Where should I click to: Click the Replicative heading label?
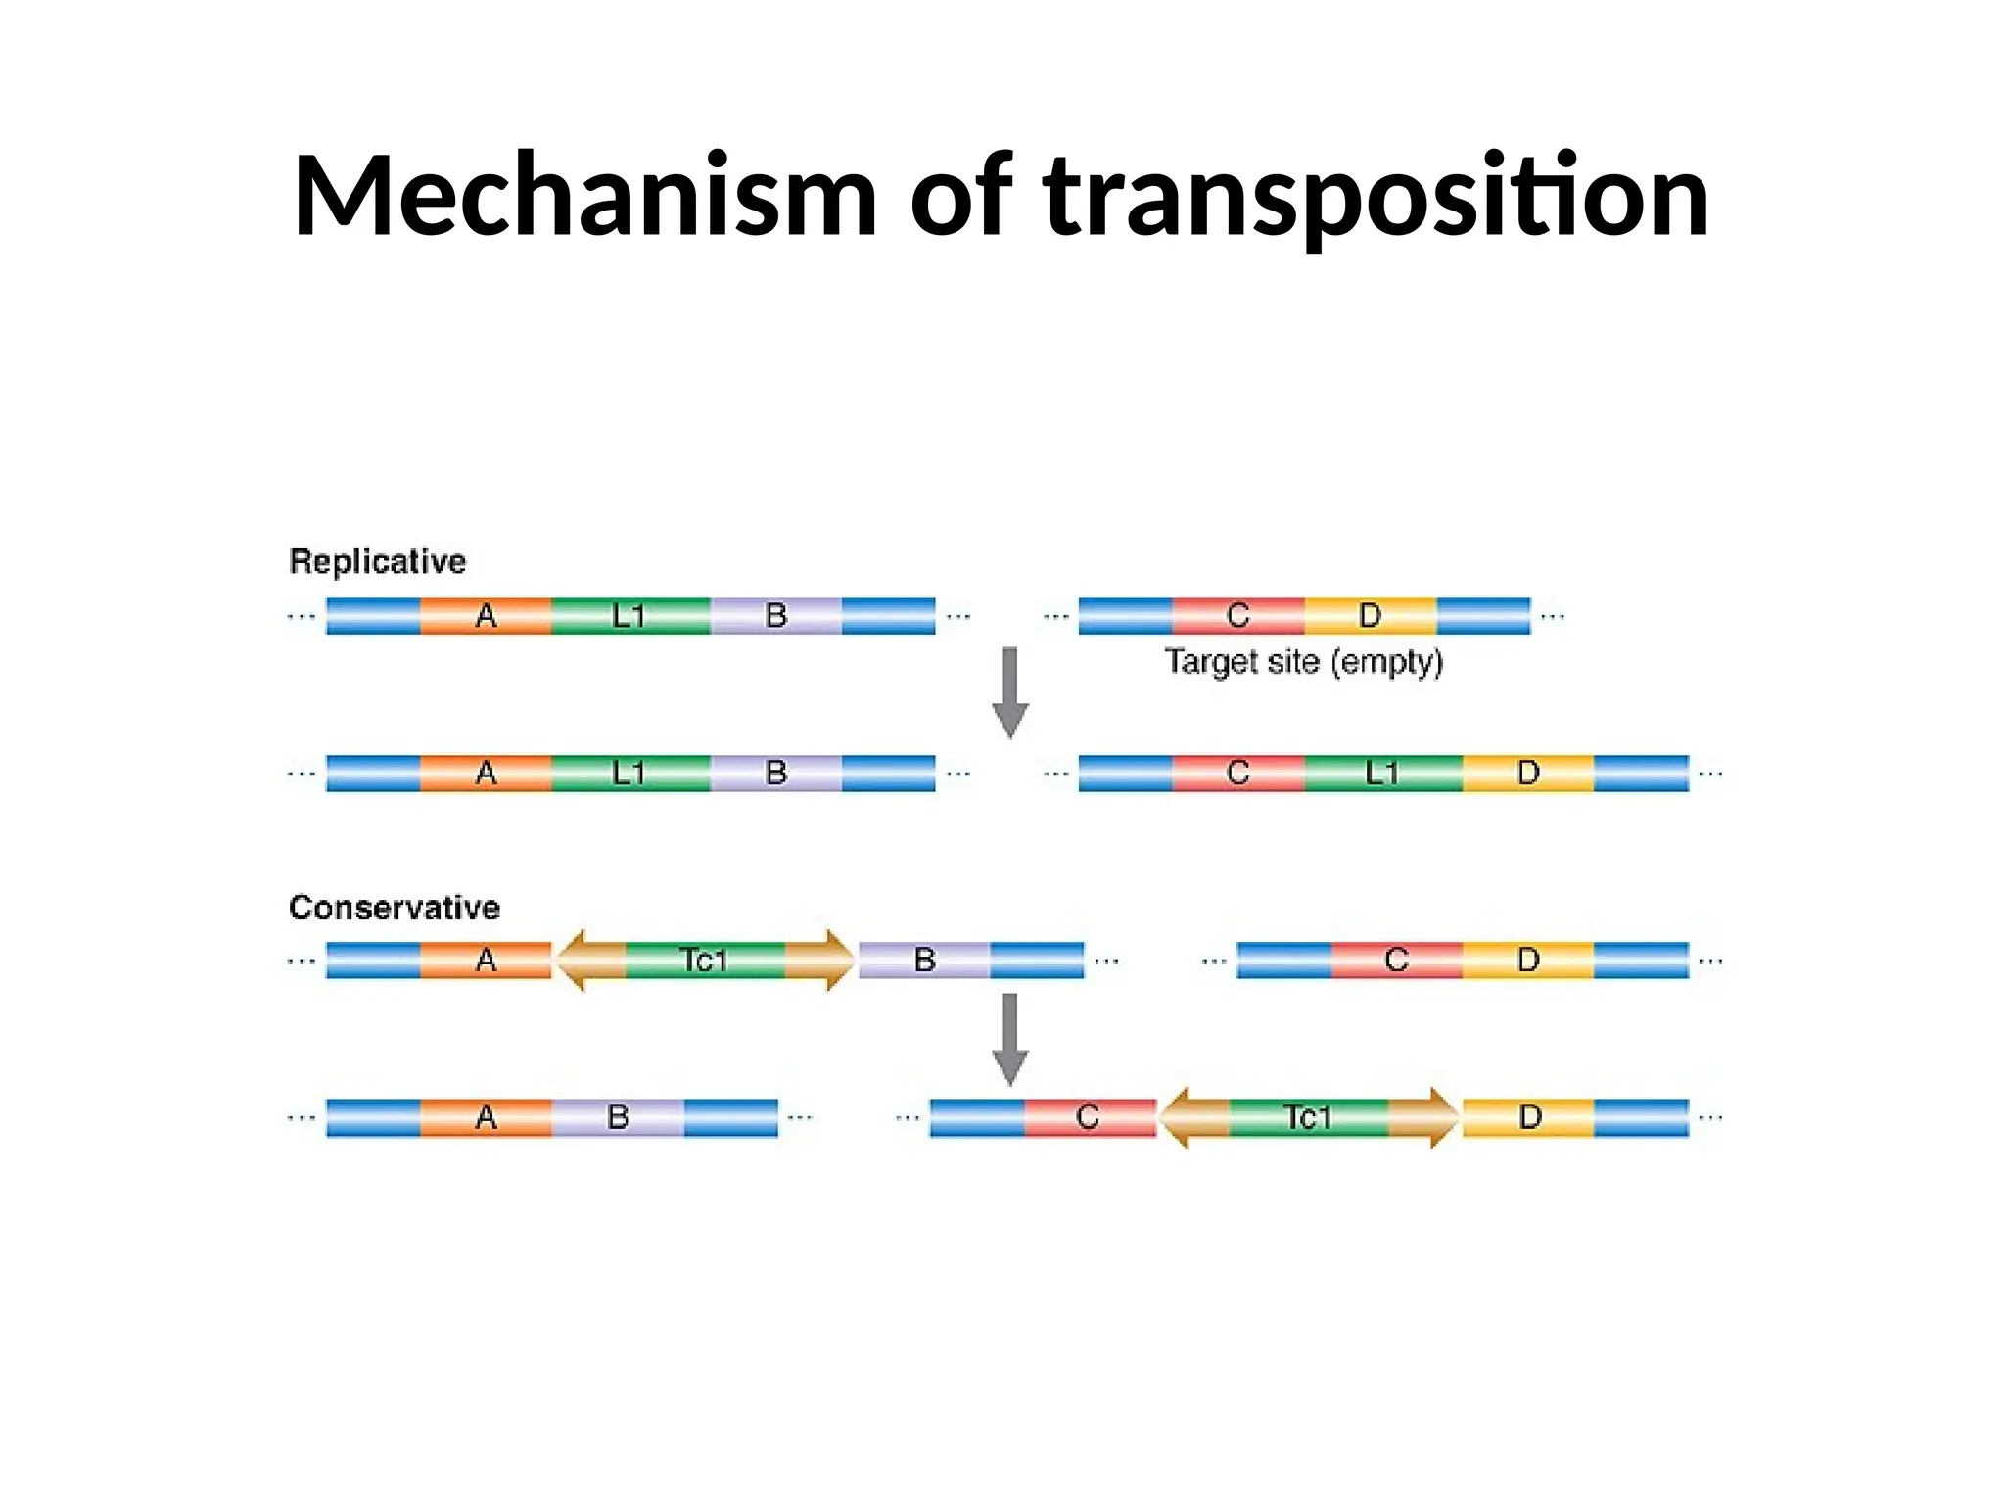(x=378, y=562)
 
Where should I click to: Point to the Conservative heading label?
(x=395, y=908)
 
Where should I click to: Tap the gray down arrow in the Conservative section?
(x=1010, y=1039)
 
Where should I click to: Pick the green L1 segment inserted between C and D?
(x=1382, y=774)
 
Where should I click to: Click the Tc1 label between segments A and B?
(x=704, y=961)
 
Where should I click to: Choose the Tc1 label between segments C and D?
(x=1308, y=1117)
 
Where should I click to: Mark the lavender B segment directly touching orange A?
(x=618, y=1117)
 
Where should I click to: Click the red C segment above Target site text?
(x=1238, y=616)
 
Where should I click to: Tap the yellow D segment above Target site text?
(x=1370, y=616)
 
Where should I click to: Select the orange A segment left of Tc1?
(x=486, y=961)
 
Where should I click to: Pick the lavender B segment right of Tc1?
(x=924, y=961)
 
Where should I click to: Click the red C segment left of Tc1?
(x=1089, y=1117)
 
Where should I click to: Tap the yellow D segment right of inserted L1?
(x=1528, y=774)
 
